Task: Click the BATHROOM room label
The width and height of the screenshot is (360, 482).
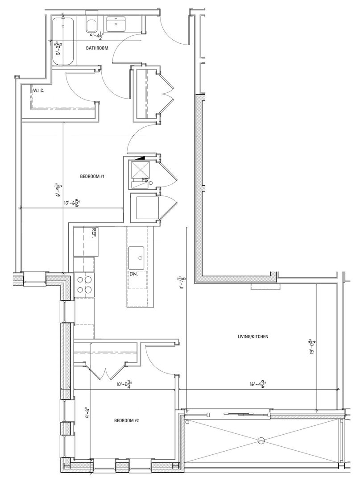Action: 97,48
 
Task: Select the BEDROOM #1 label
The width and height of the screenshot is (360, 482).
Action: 92,177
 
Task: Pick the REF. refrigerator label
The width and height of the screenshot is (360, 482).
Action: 95,233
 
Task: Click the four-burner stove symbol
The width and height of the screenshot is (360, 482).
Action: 85,284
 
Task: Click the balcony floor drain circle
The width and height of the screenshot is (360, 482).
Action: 261,441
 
